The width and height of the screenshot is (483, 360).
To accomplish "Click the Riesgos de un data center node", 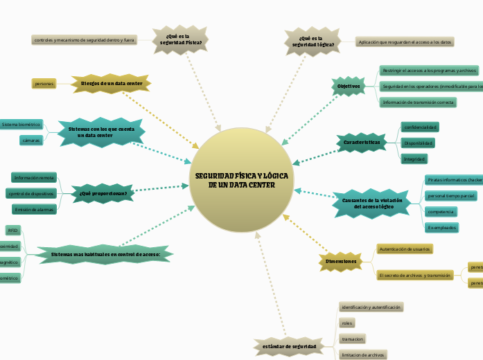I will [112, 84].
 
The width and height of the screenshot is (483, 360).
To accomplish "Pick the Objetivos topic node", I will [348, 87].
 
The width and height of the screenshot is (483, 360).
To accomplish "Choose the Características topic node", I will [362, 143].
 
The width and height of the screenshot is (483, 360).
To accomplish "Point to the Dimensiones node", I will [340, 262].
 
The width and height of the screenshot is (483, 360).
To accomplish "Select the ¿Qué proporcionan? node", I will [103, 193].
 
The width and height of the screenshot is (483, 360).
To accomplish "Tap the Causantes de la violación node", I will [367, 202].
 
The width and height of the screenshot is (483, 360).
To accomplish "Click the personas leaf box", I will [44, 84].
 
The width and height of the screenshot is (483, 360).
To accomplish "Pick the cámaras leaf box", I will [31, 140].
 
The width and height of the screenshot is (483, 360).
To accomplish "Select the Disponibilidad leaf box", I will [419, 143].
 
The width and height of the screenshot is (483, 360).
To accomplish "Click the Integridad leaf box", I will [414, 159].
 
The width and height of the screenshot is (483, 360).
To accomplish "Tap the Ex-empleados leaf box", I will [441, 227].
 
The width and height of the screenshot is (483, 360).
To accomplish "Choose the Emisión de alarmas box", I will [34, 209].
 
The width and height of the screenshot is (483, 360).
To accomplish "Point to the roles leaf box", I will [347, 323].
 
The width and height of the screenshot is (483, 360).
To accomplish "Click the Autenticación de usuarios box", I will [405, 248].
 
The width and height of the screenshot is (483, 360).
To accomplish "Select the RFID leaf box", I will [12, 230].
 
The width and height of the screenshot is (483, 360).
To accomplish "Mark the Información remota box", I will [34, 177].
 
